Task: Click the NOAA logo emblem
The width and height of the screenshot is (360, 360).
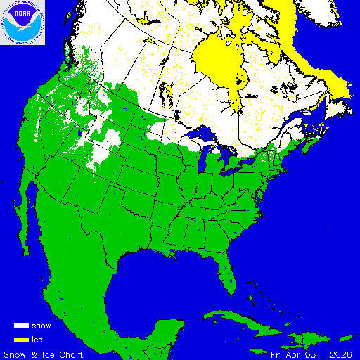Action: [x=22, y=22]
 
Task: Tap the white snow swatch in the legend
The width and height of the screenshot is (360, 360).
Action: [x=21, y=326]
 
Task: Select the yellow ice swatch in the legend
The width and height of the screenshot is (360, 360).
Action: [x=21, y=340]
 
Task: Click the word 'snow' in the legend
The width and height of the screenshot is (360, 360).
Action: [x=41, y=326]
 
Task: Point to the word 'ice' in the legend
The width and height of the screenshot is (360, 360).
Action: [x=37, y=340]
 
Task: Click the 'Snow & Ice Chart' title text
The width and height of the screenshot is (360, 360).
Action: [x=44, y=354]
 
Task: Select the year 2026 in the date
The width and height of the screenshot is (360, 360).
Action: [x=340, y=354]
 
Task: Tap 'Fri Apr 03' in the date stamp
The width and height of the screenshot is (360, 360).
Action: [x=291, y=354]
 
